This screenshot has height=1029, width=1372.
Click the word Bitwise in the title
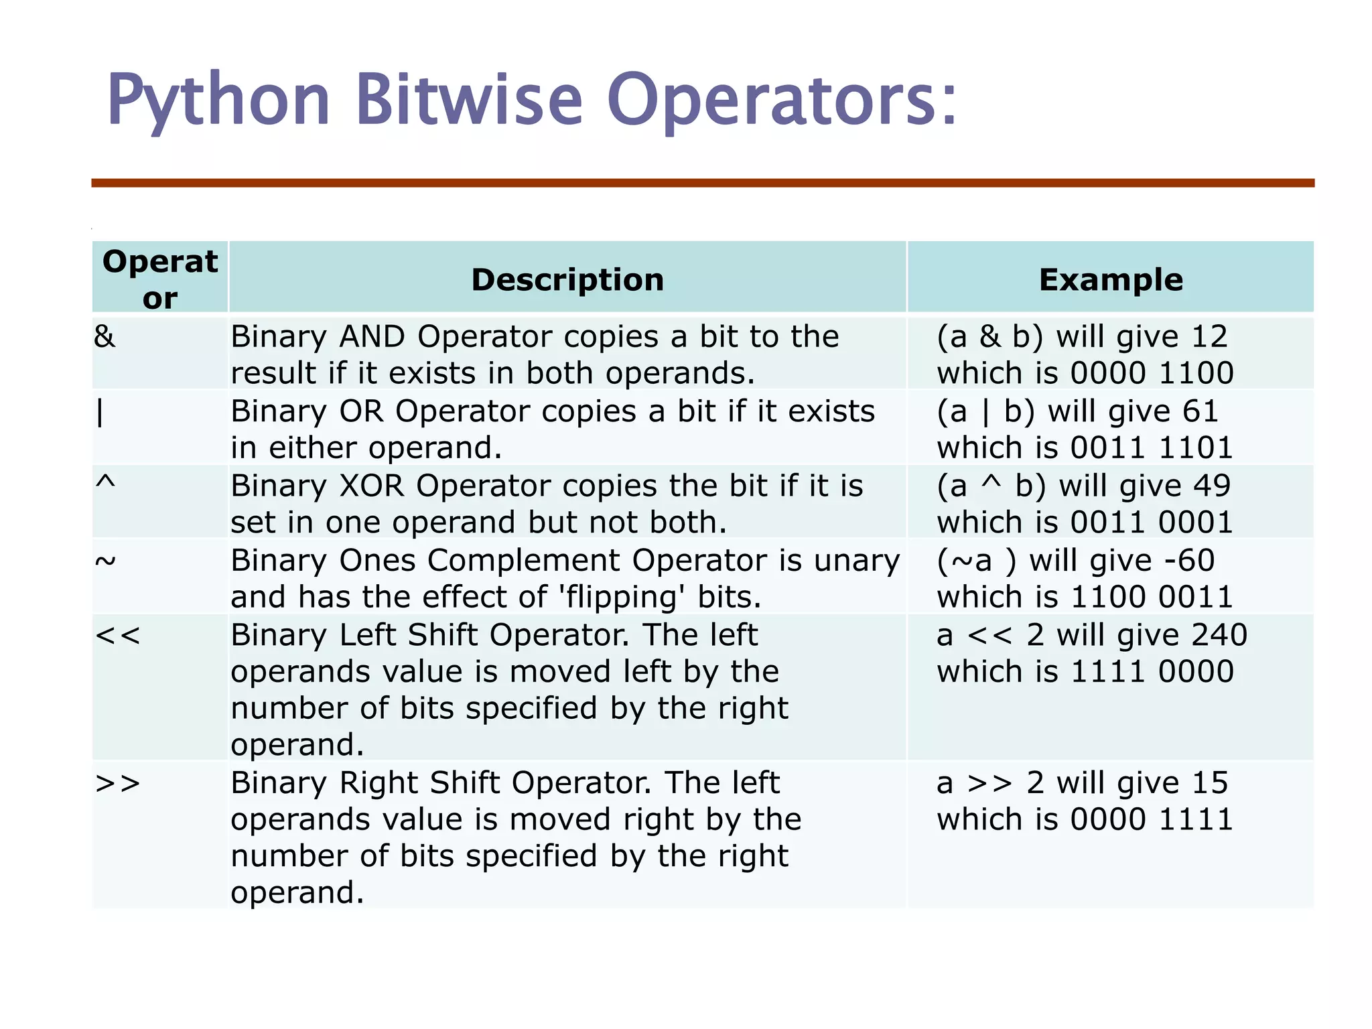(x=468, y=100)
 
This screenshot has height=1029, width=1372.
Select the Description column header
(x=567, y=279)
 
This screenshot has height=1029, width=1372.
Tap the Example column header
(x=1111, y=279)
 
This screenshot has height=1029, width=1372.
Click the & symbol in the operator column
(x=105, y=336)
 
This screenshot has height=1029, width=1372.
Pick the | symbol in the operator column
(x=100, y=411)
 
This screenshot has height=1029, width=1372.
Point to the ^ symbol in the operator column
(x=105, y=482)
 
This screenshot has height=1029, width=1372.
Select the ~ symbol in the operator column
(x=105, y=560)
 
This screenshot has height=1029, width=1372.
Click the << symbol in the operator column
(x=118, y=635)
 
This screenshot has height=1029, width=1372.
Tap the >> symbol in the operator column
(x=118, y=783)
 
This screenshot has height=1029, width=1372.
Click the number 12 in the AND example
(x=1209, y=336)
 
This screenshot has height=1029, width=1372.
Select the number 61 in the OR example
(x=1200, y=411)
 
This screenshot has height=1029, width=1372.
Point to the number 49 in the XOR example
(x=1212, y=486)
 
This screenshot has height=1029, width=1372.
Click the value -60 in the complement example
(x=1189, y=560)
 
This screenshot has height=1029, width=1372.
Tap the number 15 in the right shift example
(x=1210, y=783)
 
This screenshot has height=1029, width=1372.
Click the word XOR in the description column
(x=371, y=486)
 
